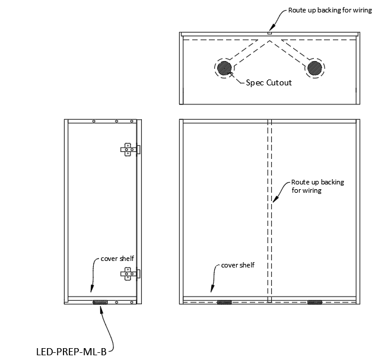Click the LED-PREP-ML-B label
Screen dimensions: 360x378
coord(71,351)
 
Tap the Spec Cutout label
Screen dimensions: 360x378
coord(269,82)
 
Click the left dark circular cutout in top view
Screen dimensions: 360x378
coord(224,68)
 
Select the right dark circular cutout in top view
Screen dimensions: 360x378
coord(314,68)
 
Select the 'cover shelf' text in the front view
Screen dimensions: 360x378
coord(237,265)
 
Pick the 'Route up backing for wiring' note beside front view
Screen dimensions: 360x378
coord(317,186)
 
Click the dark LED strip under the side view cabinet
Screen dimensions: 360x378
coord(100,302)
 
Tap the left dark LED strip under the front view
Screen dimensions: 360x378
coord(224,302)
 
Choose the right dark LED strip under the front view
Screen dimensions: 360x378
coord(314,302)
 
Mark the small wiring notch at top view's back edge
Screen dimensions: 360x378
coord(269,34)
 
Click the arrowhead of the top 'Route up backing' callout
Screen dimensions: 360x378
coord(270,28)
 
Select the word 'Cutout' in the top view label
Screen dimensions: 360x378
coord(279,82)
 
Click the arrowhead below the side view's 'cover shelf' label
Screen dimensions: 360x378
coord(90,291)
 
